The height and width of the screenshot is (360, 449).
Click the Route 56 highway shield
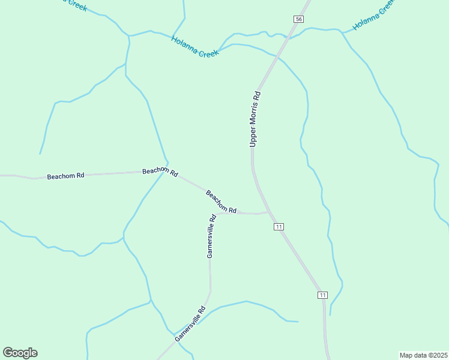(x=298, y=19)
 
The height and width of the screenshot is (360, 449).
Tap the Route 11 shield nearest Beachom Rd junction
(x=279, y=226)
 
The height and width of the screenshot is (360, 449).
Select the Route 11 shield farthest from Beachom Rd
(x=323, y=295)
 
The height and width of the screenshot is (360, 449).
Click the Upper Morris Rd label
(x=255, y=119)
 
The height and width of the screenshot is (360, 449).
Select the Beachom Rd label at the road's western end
(x=65, y=176)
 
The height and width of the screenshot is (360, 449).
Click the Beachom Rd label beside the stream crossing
(x=160, y=172)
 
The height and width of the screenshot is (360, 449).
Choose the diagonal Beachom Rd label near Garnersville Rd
(x=221, y=202)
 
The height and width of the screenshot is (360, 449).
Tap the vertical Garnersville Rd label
(x=211, y=236)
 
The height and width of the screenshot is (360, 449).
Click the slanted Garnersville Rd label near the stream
(x=190, y=324)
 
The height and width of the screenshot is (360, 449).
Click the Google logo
(x=20, y=353)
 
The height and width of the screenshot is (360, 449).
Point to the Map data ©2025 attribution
(x=423, y=355)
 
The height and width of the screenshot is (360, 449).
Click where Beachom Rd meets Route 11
(x=268, y=212)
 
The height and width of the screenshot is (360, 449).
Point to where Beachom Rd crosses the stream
(x=167, y=172)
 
